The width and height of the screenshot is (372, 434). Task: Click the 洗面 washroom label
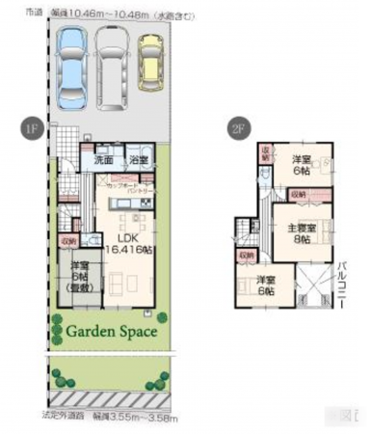tap(102, 160)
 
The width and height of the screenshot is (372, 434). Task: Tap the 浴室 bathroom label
tap(137, 160)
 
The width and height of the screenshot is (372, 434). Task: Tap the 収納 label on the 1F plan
tap(67, 242)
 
